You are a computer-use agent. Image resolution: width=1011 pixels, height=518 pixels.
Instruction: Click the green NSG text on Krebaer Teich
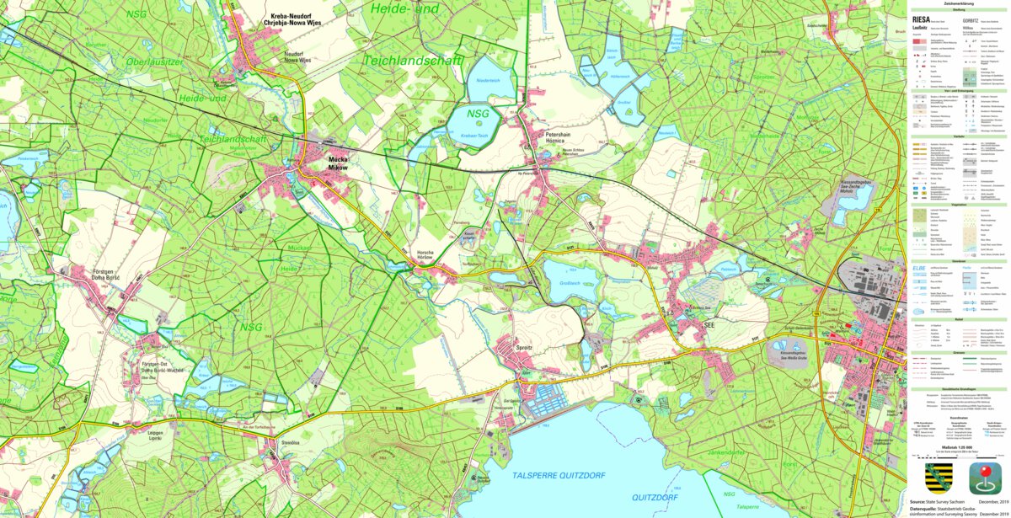[x=478, y=114]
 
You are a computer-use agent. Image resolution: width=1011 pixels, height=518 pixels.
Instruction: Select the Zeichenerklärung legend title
[x=958, y=4]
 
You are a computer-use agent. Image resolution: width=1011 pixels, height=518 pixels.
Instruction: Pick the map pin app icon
[x=983, y=478]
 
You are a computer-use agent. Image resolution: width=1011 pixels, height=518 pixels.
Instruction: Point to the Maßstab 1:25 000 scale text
[x=957, y=447]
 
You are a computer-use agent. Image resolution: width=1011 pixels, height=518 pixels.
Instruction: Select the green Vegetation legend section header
[x=958, y=205]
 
